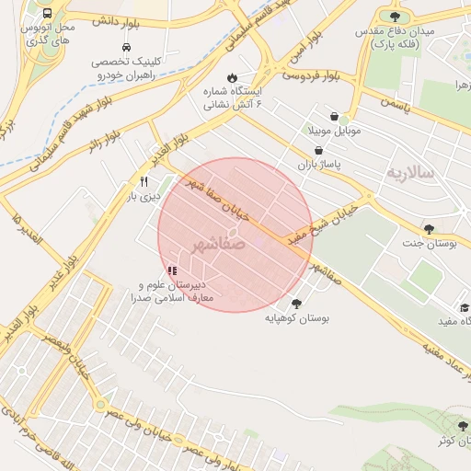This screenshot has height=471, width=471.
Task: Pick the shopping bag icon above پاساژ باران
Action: pos(318,150)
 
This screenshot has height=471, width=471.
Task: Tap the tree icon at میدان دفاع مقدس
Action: pos(396,16)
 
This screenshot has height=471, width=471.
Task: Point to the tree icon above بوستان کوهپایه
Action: pos(296,304)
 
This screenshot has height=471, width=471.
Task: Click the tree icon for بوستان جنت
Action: pos(429,229)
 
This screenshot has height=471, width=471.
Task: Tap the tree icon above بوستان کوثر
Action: pos(447,427)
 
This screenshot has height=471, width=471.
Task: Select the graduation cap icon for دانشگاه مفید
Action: pos(465,307)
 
